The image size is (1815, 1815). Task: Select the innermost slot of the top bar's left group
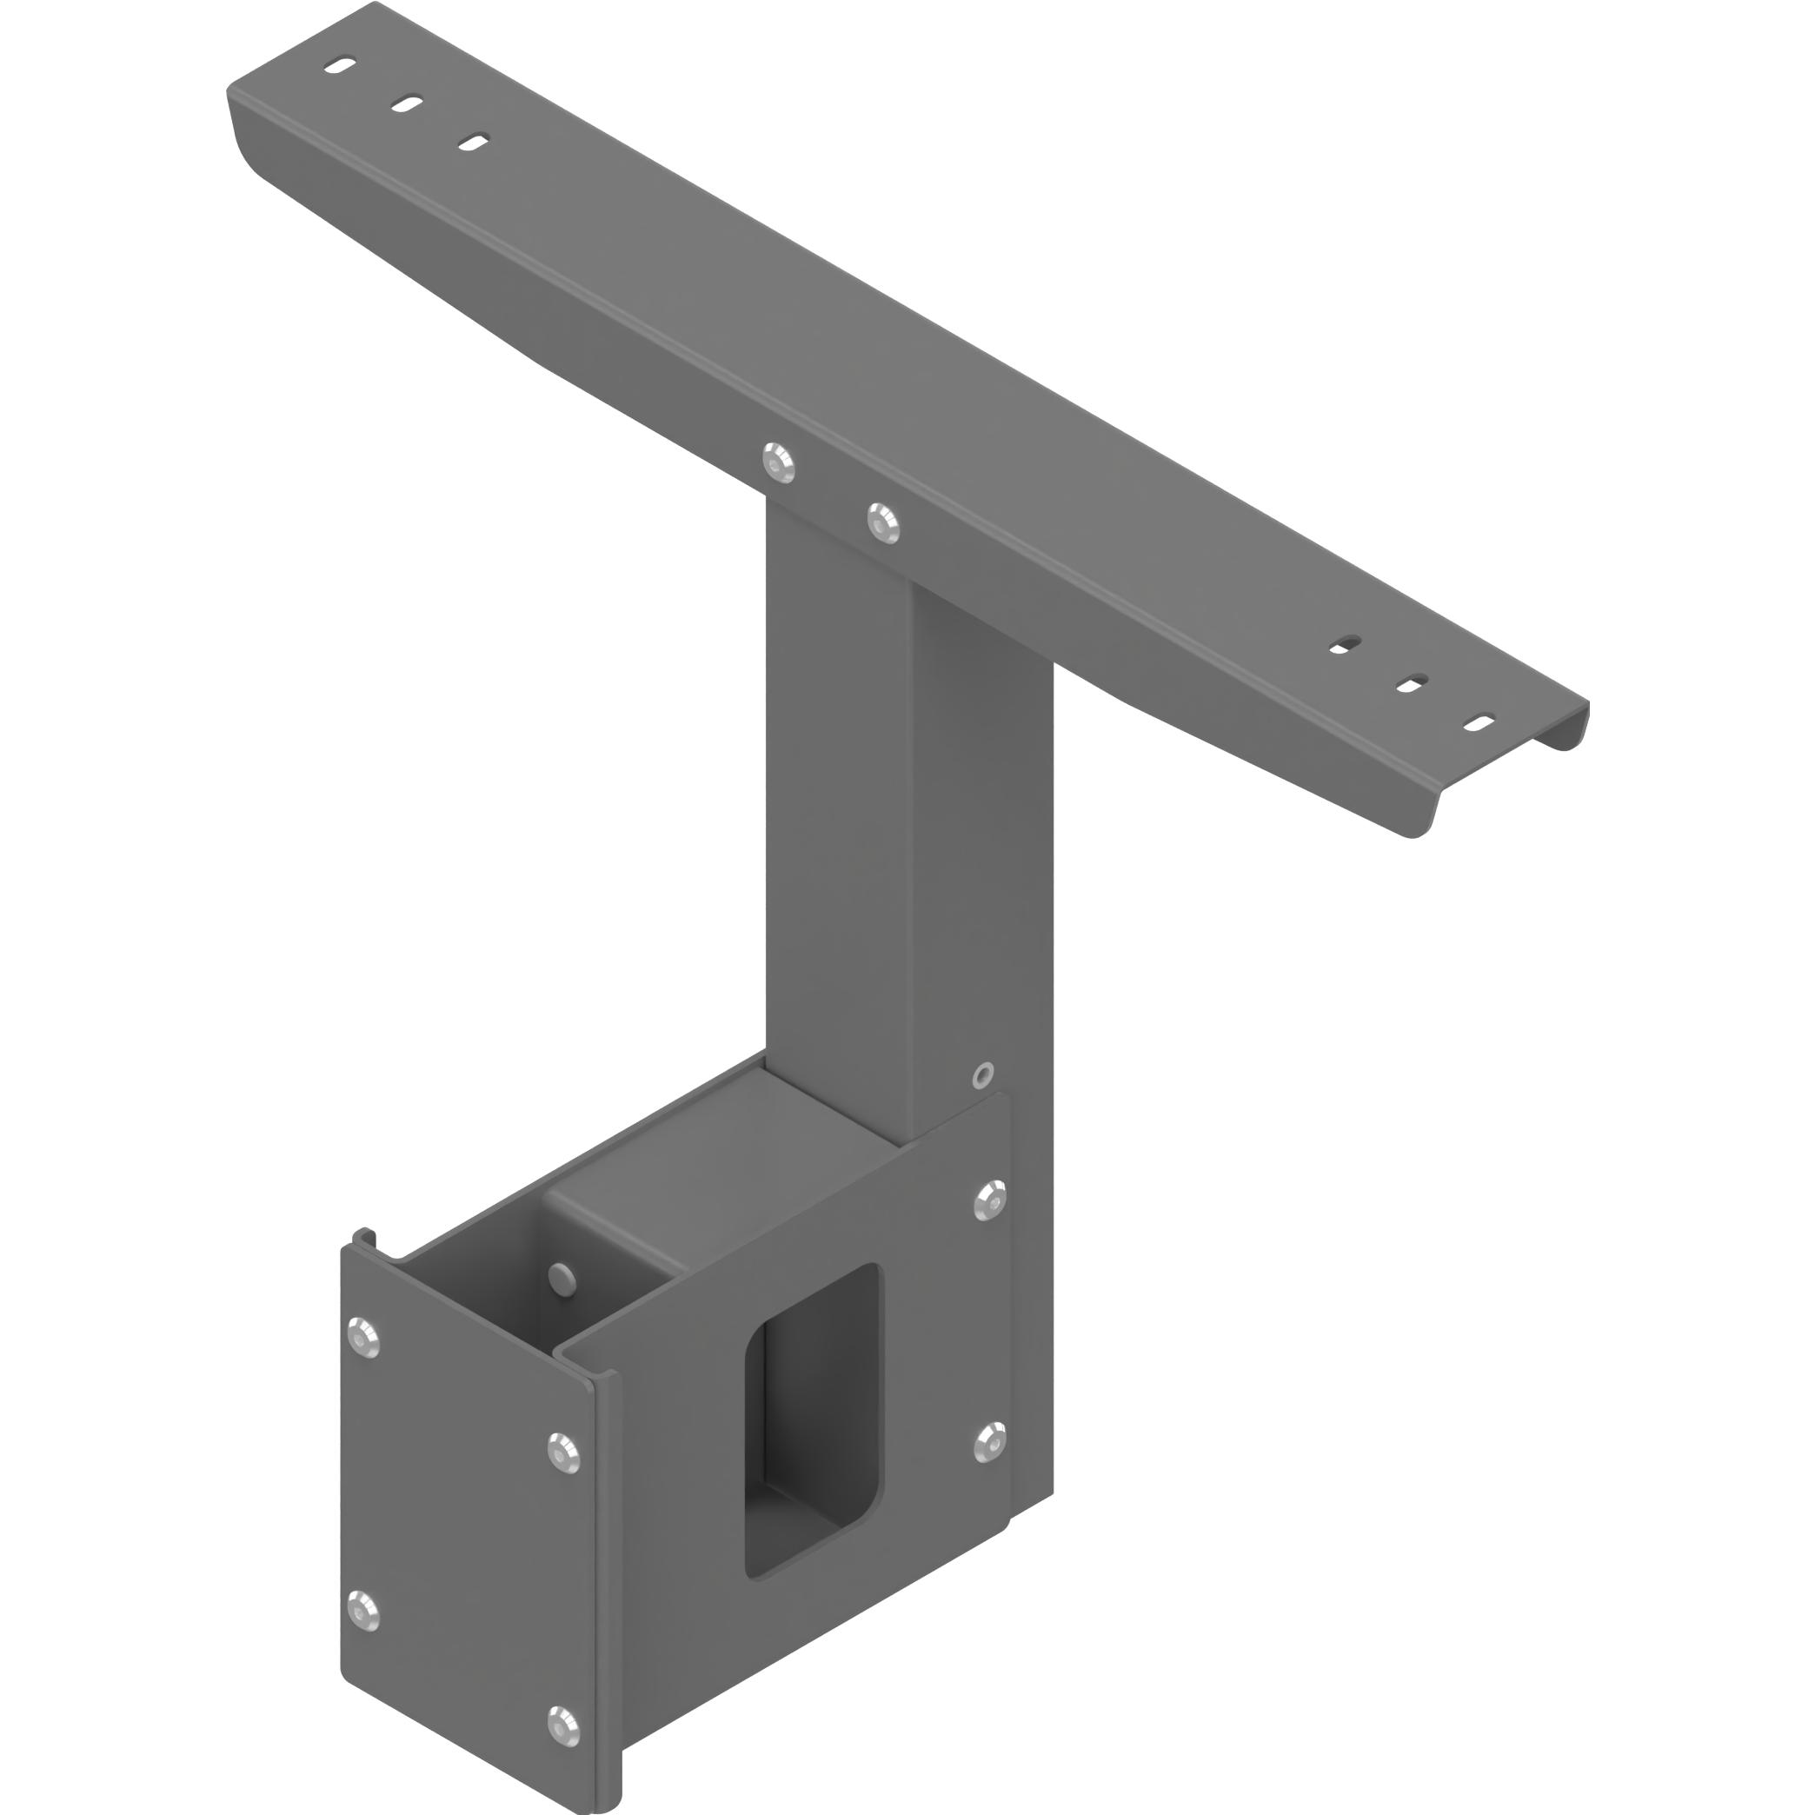[473, 142]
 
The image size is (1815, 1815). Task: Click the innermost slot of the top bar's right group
[1346, 644]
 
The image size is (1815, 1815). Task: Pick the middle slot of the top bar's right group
[1412, 684]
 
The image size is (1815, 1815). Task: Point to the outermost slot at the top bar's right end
[1479, 722]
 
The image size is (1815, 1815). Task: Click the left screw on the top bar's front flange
[778, 462]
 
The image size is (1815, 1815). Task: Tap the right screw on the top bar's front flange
[883, 522]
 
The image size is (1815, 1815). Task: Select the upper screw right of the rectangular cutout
[990, 1200]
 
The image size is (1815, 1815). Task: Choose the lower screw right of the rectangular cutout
[990, 1442]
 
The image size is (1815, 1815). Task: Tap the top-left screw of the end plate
[362, 1337]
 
